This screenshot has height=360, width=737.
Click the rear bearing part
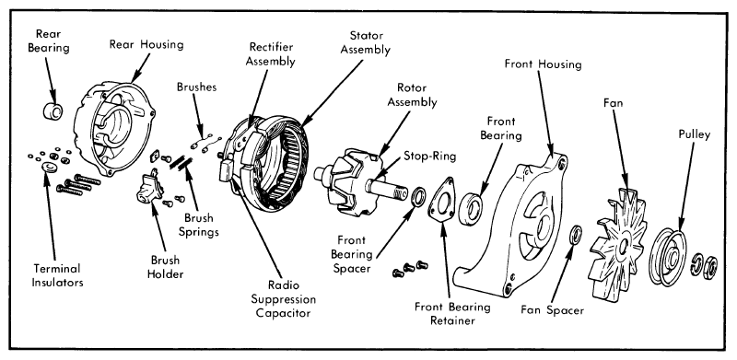[53, 111]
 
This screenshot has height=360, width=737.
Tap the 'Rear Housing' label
[146, 44]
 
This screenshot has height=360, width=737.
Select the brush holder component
[149, 188]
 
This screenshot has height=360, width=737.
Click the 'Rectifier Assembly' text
[272, 53]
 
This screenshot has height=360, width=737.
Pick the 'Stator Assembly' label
[365, 42]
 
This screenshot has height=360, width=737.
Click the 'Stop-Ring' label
[429, 156]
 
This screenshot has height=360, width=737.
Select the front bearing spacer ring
[418, 196]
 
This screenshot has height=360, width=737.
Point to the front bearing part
[471, 207]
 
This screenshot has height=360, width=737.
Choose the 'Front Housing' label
[543, 64]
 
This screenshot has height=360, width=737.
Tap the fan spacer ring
[575, 235]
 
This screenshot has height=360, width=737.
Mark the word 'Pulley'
[695, 134]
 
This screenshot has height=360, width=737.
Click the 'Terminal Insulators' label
[57, 275]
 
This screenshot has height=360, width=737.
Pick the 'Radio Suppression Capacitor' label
[283, 299]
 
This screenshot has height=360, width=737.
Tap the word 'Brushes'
[196, 87]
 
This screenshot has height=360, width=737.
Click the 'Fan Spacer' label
[552, 310]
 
